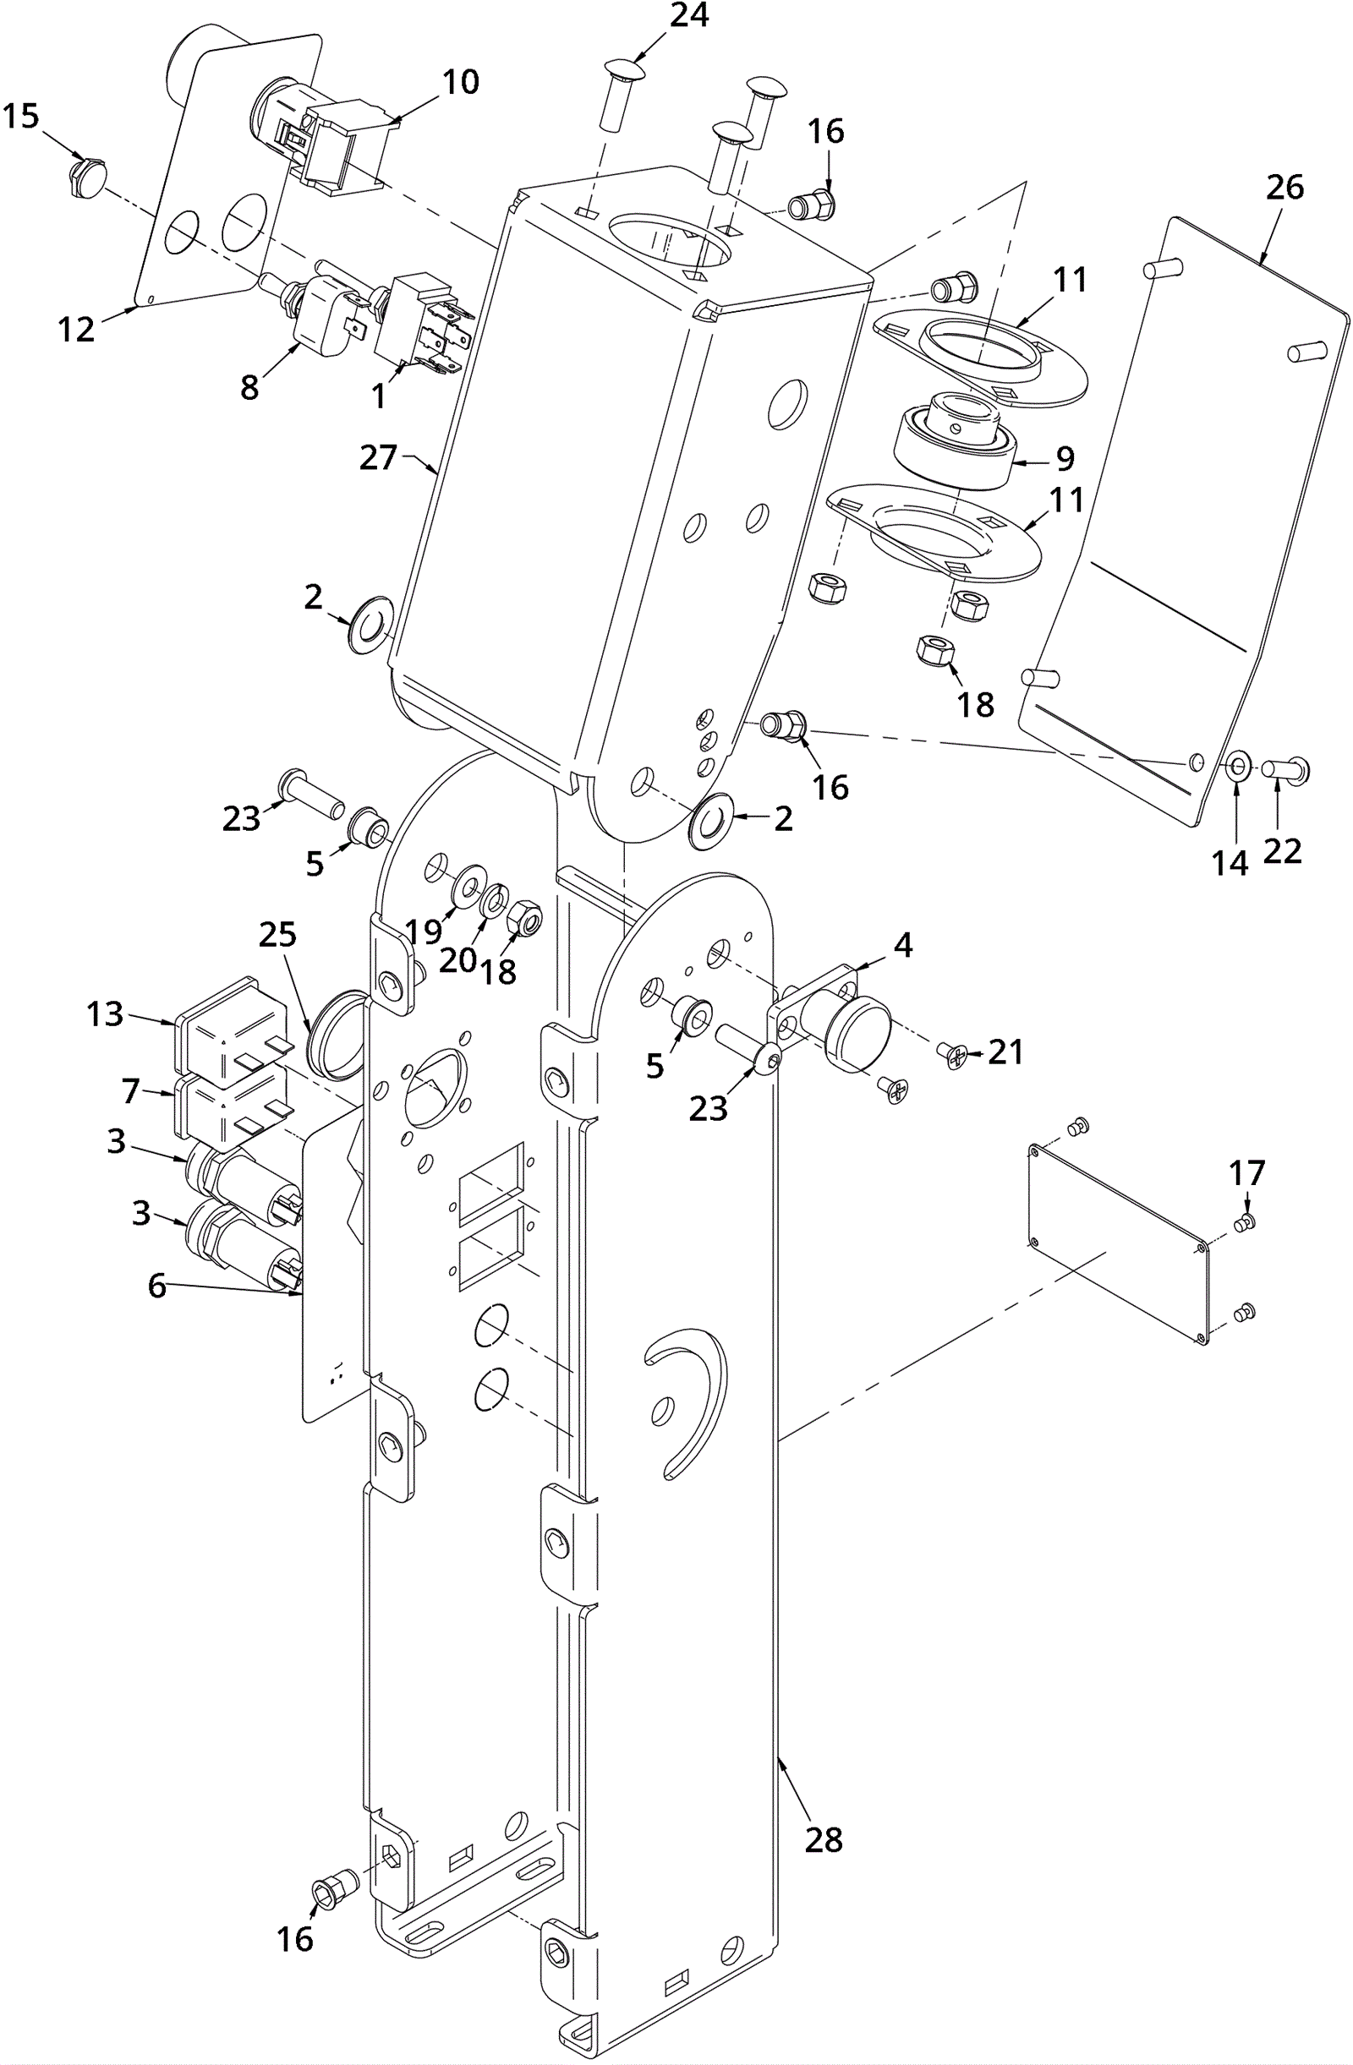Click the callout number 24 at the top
point(689,14)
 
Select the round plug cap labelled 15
point(86,176)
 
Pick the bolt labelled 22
point(1285,768)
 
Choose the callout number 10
point(460,81)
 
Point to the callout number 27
point(378,457)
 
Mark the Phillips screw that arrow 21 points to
point(956,1056)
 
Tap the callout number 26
point(1285,187)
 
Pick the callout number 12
point(76,329)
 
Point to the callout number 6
point(156,1285)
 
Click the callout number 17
point(1247,1173)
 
